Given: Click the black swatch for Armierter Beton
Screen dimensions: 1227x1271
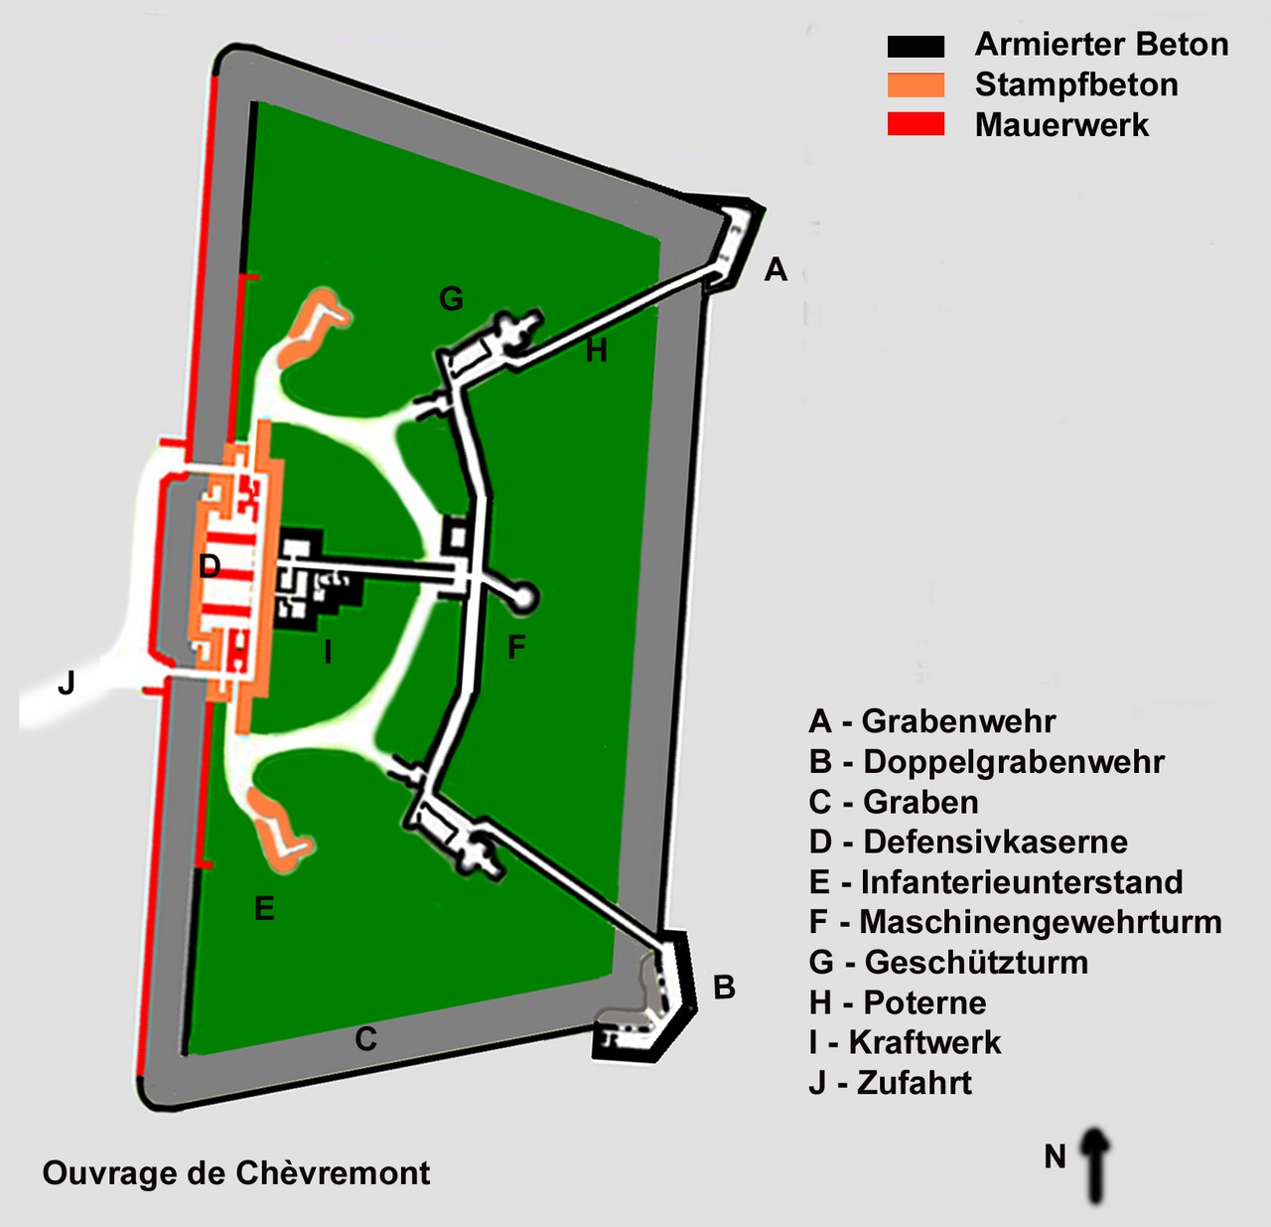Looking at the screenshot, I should click(916, 47).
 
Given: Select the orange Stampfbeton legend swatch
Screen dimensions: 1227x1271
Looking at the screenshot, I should click(916, 85).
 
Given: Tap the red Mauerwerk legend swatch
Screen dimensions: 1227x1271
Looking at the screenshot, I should click(916, 124).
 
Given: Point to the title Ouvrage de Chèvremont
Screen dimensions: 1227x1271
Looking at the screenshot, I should click(236, 1173).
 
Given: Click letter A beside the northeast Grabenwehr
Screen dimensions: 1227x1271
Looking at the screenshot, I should click(776, 269).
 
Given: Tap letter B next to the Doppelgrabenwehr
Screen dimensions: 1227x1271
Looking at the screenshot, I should click(724, 988).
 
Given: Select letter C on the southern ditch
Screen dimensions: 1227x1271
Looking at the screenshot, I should click(365, 1039).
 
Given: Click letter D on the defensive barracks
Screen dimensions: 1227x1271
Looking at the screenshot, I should click(210, 566).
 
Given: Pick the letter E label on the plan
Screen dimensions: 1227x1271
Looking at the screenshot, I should click(264, 908).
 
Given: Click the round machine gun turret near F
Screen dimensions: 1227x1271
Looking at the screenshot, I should click(522, 597).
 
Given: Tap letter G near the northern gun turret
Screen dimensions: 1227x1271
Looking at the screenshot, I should click(451, 298).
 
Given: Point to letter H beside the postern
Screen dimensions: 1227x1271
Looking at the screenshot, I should click(596, 351).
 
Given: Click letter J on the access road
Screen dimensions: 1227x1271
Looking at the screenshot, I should click(67, 684).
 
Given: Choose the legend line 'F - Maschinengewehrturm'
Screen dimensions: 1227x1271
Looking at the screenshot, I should click(1015, 922).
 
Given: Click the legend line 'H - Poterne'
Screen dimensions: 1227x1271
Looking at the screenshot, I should click(898, 1002).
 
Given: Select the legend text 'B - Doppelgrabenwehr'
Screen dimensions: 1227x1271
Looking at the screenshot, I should click(986, 762).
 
